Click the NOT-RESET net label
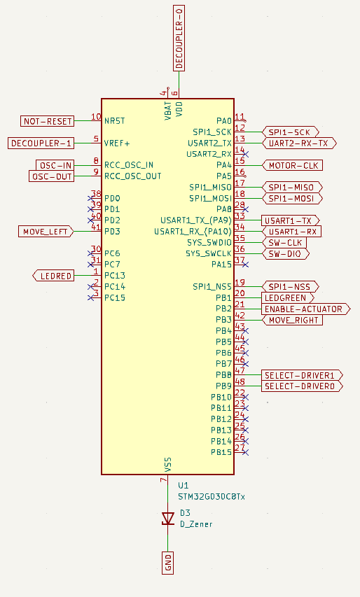point(48,121)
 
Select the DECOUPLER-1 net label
point(41,143)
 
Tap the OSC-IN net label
point(55,165)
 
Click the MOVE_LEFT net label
point(46,231)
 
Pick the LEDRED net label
point(53,276)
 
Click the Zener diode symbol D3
point(167,518)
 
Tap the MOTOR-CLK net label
point(291,165)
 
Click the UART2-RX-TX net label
point(299,143)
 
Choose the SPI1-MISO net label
point(291,187)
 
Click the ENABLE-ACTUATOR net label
point(305,309)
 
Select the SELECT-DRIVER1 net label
point(303,375)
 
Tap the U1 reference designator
point(184,485)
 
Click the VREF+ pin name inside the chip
point(118,143)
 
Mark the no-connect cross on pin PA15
point(246,265)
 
